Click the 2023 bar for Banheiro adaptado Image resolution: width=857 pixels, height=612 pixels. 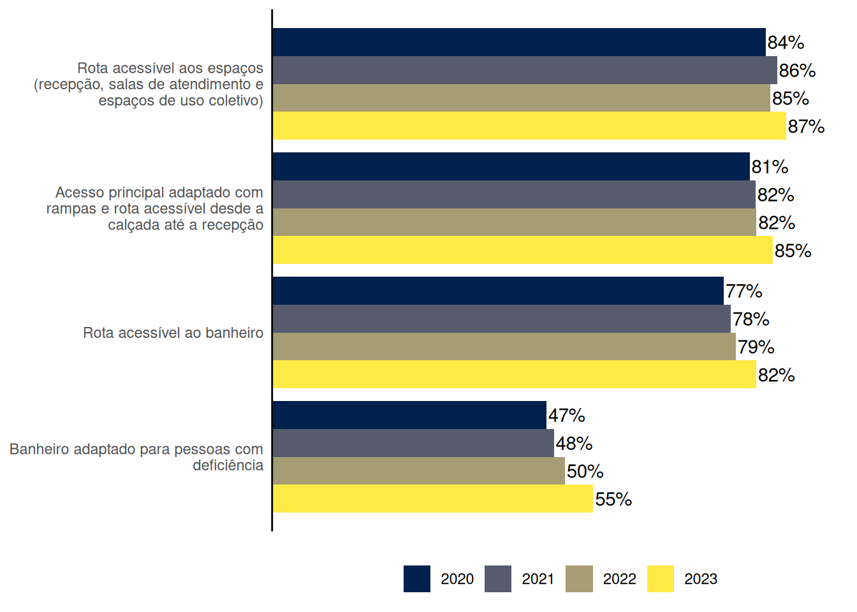432,499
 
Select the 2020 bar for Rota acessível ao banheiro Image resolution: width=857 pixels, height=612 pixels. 498,291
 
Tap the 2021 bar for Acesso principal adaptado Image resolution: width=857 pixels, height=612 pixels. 514,194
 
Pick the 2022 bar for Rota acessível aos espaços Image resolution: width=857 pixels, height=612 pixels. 521,98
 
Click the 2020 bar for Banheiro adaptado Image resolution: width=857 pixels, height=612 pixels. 409,415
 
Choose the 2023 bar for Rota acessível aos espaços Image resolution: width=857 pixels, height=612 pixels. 529,126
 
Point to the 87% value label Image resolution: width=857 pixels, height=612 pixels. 806,126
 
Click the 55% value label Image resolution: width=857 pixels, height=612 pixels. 613,499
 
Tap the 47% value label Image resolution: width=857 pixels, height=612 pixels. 566,416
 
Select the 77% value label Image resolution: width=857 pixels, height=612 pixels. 743,291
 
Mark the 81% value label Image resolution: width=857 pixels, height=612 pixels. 770,167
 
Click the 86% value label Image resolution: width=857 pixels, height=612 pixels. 797,71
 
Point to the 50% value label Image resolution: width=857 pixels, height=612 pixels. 585,471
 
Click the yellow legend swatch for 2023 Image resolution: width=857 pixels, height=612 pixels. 660,579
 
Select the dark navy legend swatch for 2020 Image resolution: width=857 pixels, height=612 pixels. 416,579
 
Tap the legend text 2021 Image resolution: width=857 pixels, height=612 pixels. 538,579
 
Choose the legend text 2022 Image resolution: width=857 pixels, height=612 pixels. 619,579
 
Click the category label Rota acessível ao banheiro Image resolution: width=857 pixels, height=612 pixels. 173,333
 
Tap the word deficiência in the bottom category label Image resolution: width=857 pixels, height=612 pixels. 228,465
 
